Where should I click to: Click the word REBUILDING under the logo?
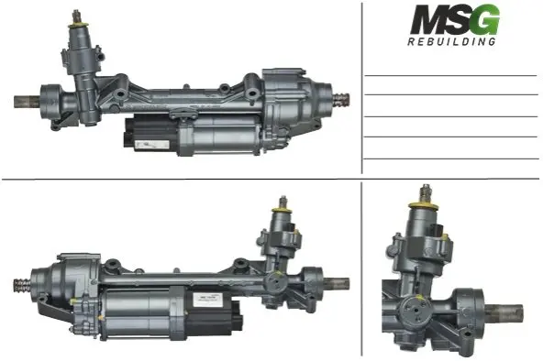451,41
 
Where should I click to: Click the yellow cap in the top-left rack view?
79,25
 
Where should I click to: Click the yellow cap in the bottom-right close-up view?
423,206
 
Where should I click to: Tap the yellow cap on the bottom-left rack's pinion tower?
282,210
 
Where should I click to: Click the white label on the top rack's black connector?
151,145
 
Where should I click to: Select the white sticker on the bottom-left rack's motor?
206,298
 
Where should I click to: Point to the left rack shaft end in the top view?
27,102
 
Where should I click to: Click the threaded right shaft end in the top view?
341,99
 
